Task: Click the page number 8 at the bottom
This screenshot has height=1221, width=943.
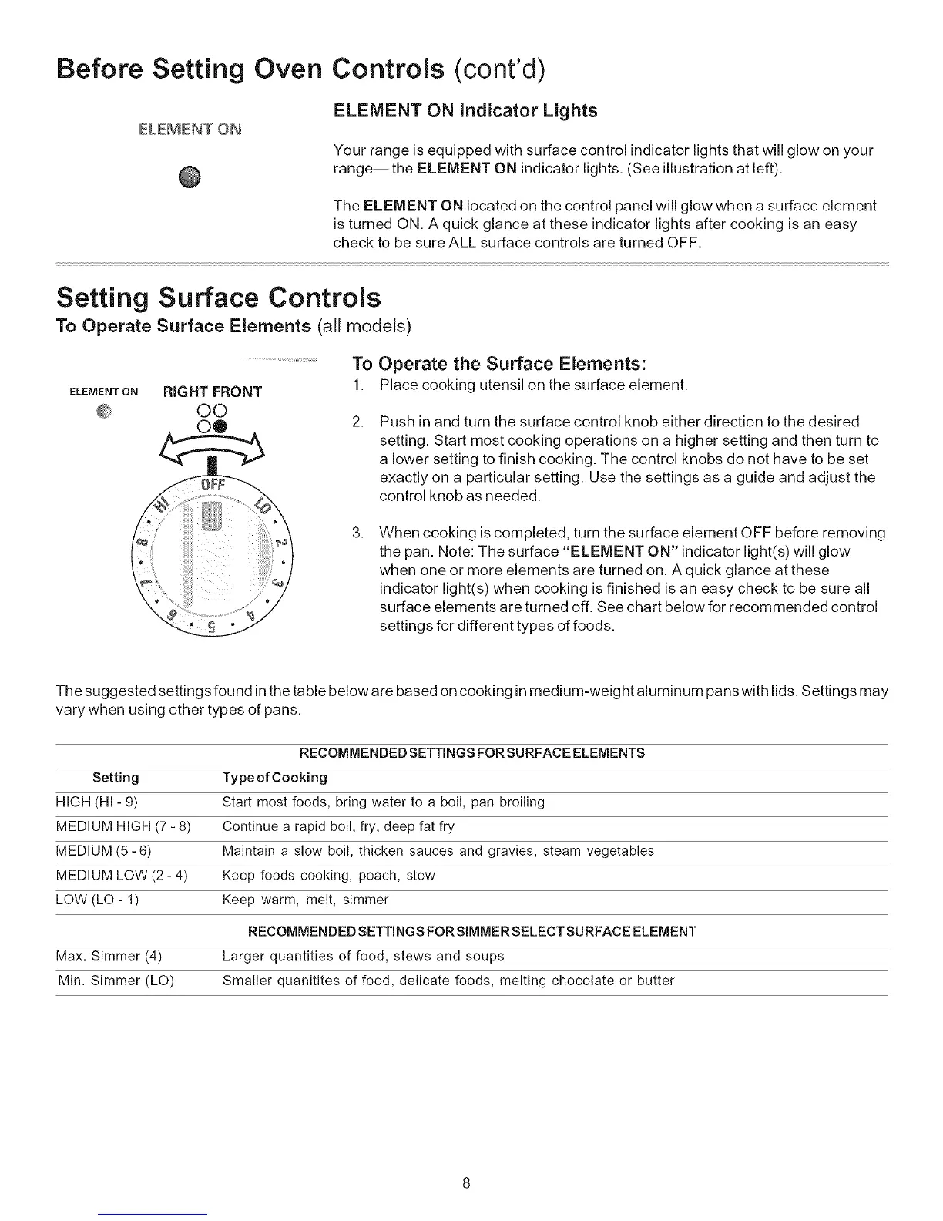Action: coord(467,1183)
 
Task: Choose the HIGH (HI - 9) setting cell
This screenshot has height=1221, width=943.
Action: coord(97,802)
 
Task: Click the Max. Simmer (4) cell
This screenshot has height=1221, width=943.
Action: coord(109,957)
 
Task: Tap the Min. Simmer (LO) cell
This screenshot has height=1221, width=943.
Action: coord(116,981)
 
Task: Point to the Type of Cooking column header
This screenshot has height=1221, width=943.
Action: coord(274,777)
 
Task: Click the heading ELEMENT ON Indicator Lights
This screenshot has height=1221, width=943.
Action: coord(465,111)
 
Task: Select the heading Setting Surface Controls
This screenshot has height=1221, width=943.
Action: coord(219,298)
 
